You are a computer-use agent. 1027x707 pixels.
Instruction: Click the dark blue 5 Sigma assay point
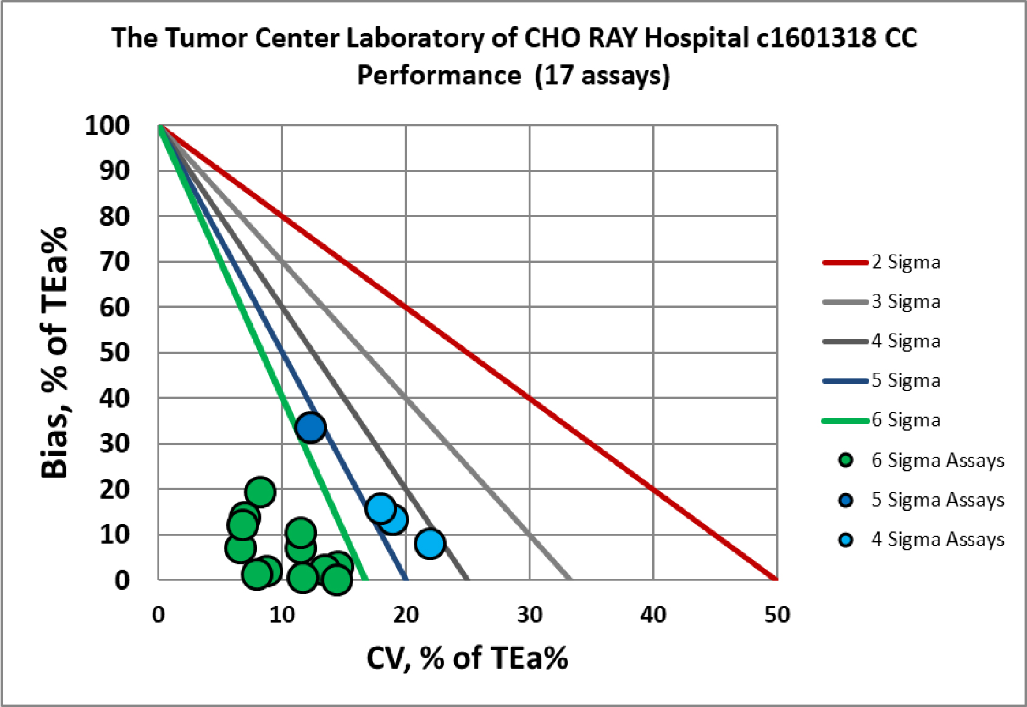[x=311, y=427]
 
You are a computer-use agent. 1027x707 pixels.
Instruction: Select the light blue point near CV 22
[x=430, y=543]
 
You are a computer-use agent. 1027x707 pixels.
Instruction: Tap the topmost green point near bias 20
[x=260, y=491]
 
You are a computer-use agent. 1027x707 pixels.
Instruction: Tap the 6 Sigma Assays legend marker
[x=845, y=460]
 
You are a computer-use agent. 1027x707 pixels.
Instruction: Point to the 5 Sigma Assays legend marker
[x=845, y=500]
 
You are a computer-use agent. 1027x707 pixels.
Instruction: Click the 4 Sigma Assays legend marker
[x=845, y=539]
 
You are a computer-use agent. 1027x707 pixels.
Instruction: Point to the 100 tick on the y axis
[x=108, y=126]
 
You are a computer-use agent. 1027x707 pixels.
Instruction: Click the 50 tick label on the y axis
[x=115, y=353]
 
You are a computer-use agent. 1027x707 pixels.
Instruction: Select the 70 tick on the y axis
[x=115, y=262]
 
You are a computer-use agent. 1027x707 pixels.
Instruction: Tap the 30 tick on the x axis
[x=529, y=615]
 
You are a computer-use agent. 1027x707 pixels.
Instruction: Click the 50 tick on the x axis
[x=777, y=615]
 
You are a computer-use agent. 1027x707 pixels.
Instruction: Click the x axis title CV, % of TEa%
[x=467, y=658]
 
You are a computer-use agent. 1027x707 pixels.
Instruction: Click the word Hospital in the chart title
[x=696, y=38]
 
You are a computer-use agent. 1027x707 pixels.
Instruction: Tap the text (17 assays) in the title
[x=602, y=75]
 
